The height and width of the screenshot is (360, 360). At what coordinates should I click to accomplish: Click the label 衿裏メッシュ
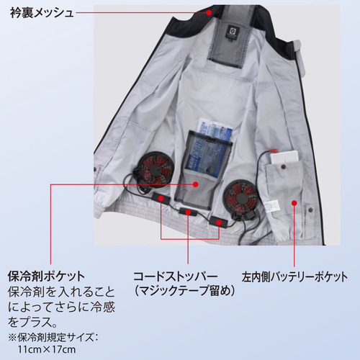(42, 13)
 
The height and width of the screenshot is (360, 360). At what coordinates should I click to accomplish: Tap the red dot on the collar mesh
(209, 12)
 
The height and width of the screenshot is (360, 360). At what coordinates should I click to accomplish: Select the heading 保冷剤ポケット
(46, 276)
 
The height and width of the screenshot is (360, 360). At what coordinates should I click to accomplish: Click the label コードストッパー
(176, 276)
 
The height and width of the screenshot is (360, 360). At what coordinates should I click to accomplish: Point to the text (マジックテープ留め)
(184, 291)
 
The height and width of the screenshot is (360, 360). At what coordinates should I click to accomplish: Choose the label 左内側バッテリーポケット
(294, 276)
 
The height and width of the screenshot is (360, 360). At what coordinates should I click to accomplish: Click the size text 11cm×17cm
(47, 349)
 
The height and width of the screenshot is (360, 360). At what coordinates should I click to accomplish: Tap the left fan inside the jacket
(156, 168)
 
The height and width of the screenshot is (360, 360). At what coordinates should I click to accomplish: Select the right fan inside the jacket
(240, 197)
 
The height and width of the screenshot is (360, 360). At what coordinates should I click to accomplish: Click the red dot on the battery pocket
(294, 203)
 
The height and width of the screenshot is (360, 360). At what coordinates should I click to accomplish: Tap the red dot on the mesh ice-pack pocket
(196, 184)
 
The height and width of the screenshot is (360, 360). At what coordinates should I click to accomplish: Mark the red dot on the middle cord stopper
(188, 212)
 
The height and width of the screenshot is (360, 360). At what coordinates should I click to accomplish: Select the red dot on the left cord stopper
(161, 199)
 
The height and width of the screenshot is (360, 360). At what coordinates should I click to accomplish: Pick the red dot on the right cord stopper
(219, 222)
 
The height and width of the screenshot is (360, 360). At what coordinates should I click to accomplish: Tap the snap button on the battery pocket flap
(284, 166)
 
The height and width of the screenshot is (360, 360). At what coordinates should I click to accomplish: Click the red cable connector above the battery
(273, 151)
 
